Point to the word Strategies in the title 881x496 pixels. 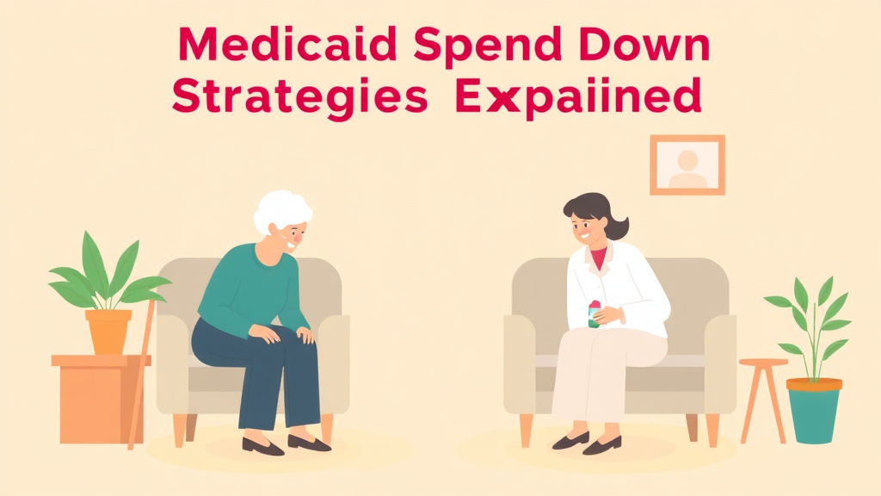pyautogui.click(x=299, y=97)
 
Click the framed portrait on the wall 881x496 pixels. pyautogui.click(x=687, y=164)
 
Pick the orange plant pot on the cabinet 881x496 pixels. pyautogui.click(x=108, y=332)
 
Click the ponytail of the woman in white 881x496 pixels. pyautogui.click(x=617, y=227)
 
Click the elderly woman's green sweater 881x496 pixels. pyautogui.click(x=253, y=289)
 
